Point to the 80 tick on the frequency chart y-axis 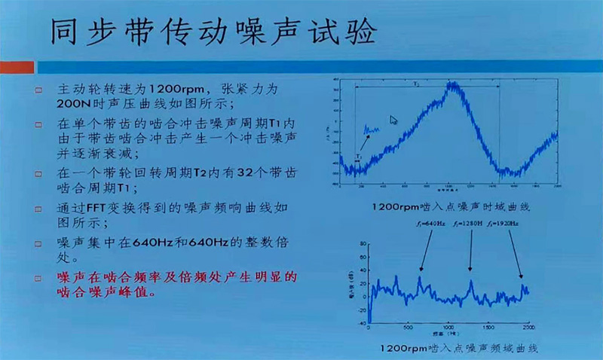(363, 244)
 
